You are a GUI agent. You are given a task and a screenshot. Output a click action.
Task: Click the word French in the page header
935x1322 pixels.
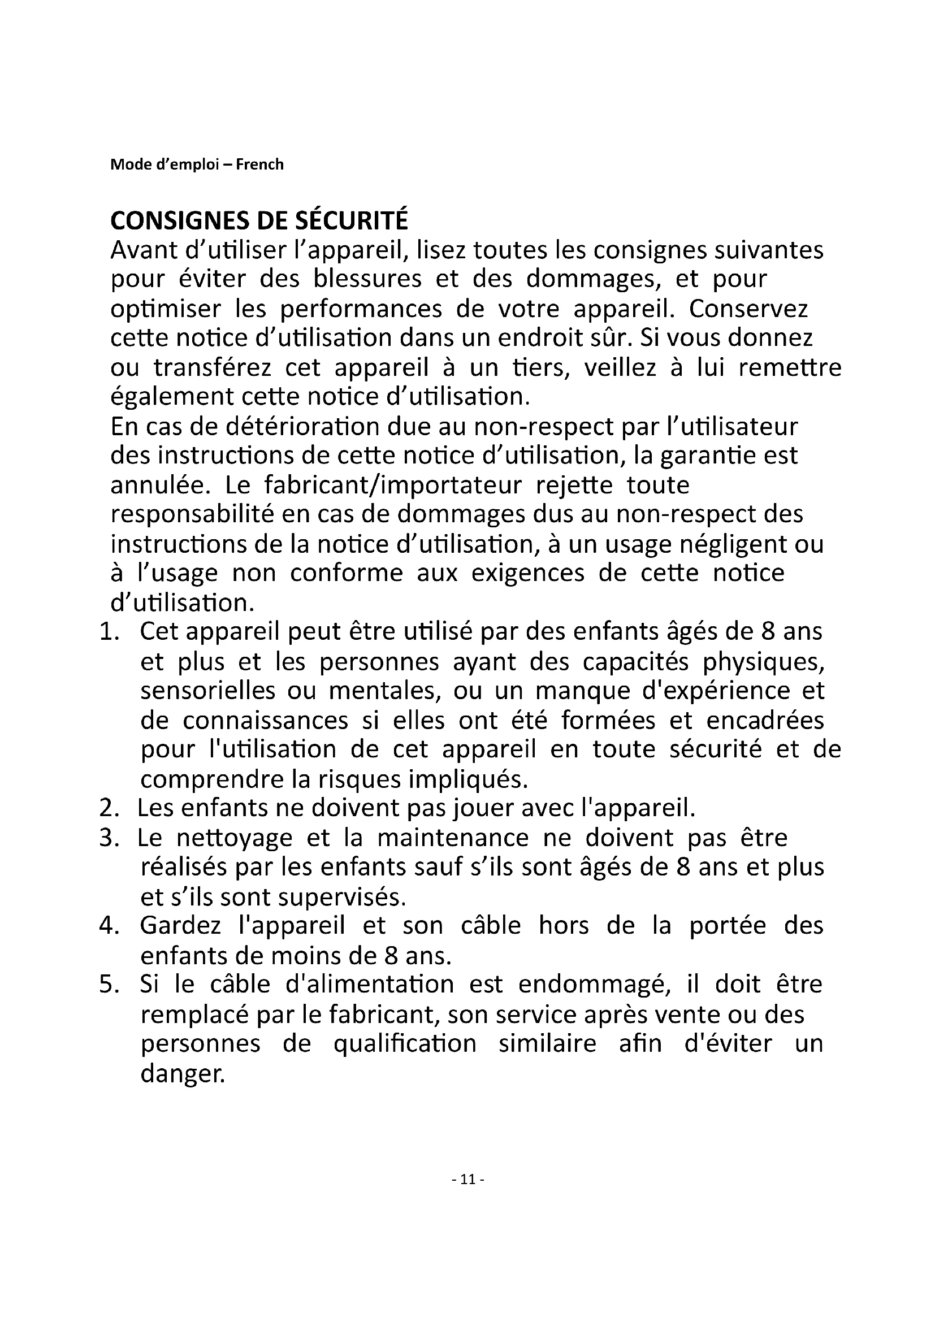pos(259,164)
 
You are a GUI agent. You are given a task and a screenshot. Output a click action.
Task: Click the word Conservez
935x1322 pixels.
pos(748,309)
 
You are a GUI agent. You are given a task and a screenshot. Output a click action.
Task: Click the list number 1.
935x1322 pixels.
pos(108,632)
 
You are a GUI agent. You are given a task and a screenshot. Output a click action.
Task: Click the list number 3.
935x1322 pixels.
pos(108,838)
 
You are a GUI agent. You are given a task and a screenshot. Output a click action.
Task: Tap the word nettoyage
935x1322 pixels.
pos(235,838)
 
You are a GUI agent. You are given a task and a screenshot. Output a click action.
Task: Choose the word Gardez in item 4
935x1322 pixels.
pos(180,926)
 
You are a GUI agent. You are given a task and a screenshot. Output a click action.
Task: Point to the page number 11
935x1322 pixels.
pos(468,1180)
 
